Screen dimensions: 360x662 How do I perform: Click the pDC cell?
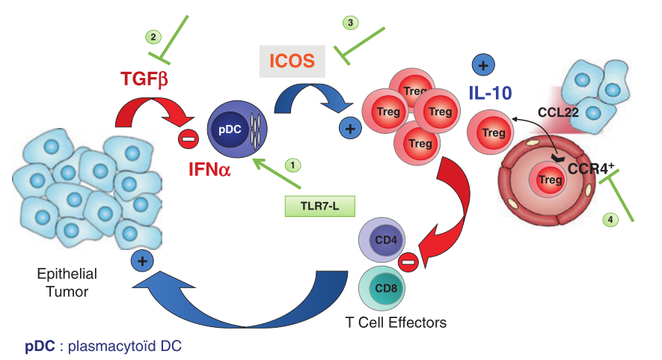click(236, 128)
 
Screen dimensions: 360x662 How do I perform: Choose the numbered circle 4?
click(611, 220)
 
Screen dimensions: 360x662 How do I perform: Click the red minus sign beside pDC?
click(187, 137)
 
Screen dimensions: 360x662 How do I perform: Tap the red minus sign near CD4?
click(408, 261)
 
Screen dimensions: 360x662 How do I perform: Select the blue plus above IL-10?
click(482, 65)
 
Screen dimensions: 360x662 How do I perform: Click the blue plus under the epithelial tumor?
click(140, 260)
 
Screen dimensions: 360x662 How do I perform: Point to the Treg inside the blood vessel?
click(551, 180)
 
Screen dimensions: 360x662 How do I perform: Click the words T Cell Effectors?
click(396, 323)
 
